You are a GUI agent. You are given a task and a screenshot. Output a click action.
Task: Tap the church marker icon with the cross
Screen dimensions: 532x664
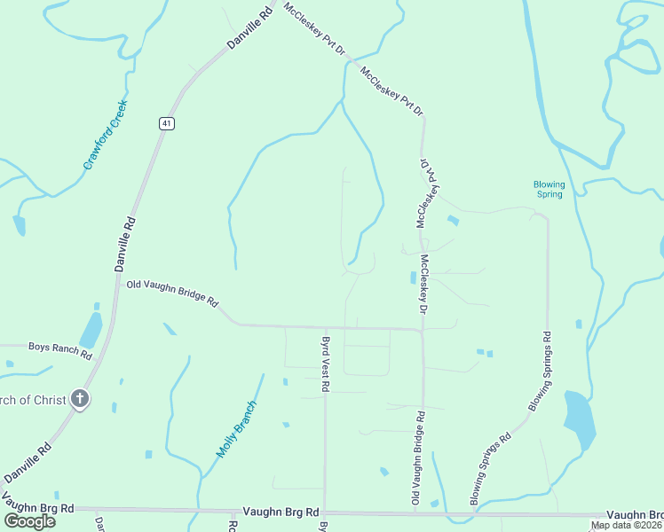click(x=80, y=399)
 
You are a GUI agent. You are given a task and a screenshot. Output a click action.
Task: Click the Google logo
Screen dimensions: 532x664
click(x=30, y=520)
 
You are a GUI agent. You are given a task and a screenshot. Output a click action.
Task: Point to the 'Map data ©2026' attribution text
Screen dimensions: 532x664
click(x=627, y=525)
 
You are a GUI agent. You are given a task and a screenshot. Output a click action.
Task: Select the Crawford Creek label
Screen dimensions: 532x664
click(x=106, y=136)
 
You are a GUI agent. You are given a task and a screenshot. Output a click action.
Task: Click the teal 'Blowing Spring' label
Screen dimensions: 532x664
click(x=549, y=189)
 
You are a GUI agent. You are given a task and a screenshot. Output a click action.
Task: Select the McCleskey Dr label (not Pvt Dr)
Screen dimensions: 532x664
click(x=424, y=285)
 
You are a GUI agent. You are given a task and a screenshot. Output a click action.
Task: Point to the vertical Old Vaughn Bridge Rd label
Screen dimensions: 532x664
click(x=416, y=459)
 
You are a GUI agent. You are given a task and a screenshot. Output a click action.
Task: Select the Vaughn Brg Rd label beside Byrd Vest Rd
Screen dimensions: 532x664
click(x=280, y=512)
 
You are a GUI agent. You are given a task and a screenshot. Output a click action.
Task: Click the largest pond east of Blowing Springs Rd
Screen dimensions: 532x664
click(x=579, y=419)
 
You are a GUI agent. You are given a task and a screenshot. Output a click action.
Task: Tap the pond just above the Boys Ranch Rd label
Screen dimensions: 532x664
click(x=91, y=329)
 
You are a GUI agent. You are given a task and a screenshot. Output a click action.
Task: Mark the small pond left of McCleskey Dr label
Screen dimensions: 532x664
click(x=413, y=278)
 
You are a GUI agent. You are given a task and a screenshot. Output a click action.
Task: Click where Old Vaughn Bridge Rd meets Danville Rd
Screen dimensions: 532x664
click(x=118, y=283)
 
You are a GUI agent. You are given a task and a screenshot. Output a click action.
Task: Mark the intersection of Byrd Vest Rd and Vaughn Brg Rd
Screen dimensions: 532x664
click(x=325, y=512)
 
